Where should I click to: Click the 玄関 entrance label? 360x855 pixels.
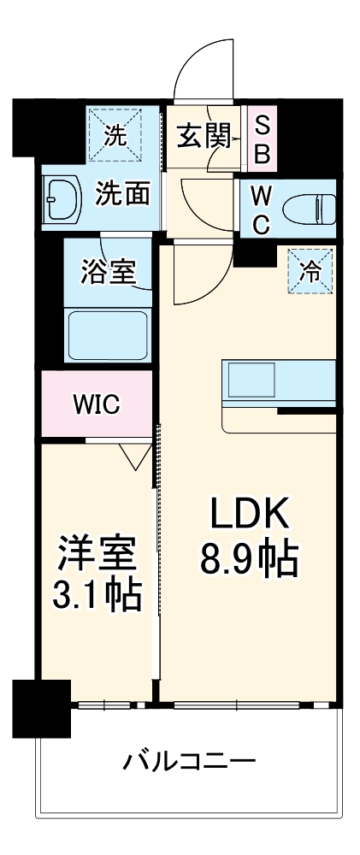(203, 137)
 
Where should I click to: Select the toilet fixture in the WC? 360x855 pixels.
(307, 209)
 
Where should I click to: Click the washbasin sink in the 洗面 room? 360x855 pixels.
(61, 199)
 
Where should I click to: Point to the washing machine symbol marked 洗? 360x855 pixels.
(115, 134)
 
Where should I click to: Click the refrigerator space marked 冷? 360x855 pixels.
(310, 271)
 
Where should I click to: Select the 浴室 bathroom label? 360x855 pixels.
(108, 271)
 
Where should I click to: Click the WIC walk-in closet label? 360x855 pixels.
(97, 404)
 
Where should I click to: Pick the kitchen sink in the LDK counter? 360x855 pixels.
(251, 380)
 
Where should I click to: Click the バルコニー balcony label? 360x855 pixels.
(188, 760)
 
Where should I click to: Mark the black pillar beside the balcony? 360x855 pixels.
(42, 707)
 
